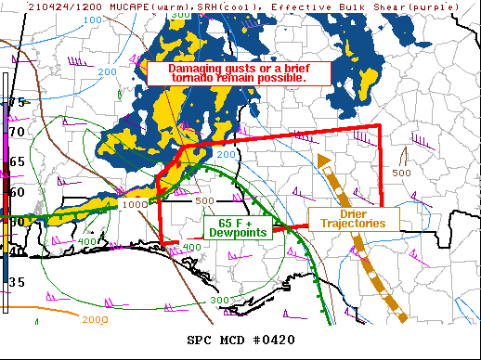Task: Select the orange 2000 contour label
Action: click(95, 319)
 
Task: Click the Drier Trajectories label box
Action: click(353, 219)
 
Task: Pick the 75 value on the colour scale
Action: click(17, 102)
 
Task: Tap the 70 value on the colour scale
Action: click(17, 132)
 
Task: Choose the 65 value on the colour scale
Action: click(17, 161)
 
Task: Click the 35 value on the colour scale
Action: click(17, 281)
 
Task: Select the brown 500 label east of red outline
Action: click(401, 173)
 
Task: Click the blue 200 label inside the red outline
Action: click(226, 154)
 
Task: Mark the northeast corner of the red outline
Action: click(380, 126)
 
